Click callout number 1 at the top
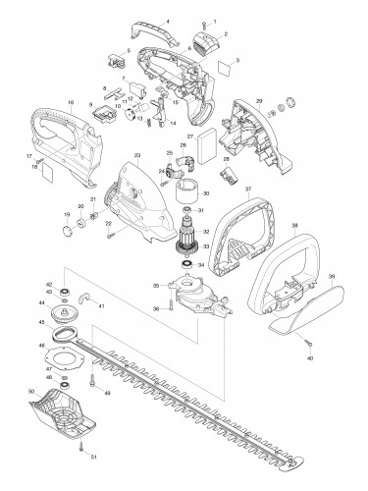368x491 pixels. [x=216, y=21]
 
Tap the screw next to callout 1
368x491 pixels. [x=205, y=21]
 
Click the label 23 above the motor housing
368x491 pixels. [x=137, y=156]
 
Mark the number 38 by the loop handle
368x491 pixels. [x=293, y=225]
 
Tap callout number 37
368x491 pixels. [x=248, y=189]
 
